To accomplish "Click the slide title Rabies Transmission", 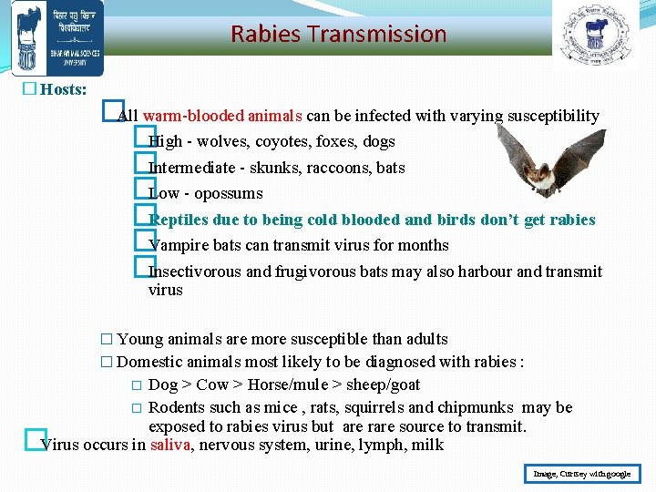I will tap(338, 35).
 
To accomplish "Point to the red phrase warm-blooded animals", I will tap(222, 116).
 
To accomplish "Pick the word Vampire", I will tap(179, 245).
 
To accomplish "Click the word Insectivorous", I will tap(195, 272).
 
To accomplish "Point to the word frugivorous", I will tap(315, 272).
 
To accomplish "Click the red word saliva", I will tap(170, 446).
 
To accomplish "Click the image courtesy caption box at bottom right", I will tap(582, 474).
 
